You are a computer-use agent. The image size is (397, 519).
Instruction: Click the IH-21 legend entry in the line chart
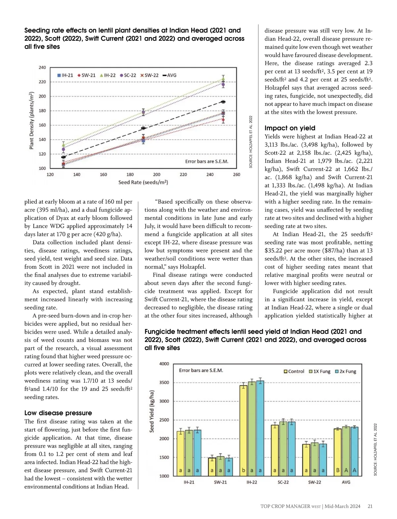point(66,75)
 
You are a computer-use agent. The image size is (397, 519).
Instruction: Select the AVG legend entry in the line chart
point(169,75)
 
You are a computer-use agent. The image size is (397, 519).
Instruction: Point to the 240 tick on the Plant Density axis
point(42,67)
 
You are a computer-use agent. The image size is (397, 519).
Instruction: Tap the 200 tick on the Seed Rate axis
point(156,174)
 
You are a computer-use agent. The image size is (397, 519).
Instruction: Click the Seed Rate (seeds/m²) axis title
point(143,182)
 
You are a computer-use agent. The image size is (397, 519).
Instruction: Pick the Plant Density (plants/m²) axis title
point(32,120)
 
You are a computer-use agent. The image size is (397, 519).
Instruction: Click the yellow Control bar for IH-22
point(243,430)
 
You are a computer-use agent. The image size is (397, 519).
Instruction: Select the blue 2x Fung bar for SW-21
point(229,467)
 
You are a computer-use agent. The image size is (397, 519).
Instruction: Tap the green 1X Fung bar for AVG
point(346,451)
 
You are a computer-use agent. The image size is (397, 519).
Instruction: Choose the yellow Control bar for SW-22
point(306,460)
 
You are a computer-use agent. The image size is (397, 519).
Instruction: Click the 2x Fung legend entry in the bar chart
point(346,371)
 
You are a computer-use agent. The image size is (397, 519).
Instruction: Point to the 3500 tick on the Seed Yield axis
point(164,382)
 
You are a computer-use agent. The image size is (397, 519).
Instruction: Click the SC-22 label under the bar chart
point(283,482)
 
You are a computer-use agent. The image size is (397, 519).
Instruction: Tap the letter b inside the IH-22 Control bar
point(243,470)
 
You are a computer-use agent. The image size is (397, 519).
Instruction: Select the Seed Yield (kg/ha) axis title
point(152,411)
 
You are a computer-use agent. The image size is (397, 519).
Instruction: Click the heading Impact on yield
point(290,128)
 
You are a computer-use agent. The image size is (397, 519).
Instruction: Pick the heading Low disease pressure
point(58,413)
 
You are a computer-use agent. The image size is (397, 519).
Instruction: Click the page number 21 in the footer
point(370,506)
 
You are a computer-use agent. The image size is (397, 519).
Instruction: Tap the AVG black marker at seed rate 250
point(223,102)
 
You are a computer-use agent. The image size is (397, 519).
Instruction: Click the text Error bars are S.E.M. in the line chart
point(206,161)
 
